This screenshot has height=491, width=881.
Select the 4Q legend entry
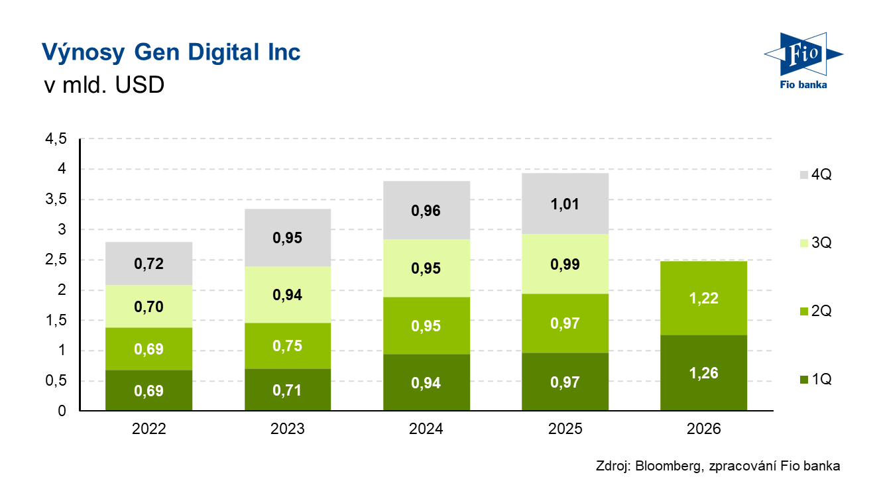(x=814, y=175)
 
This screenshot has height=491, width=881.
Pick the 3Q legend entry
(x=814, y=243)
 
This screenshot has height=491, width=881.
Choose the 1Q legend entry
(x=814, y=380)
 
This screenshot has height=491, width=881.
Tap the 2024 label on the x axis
(x=426, y=429)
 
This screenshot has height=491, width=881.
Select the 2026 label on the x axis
(x=703, y=429)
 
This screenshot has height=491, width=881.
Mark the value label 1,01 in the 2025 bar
(x=565, y=204)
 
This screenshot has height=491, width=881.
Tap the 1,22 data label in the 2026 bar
(x=703, y=299)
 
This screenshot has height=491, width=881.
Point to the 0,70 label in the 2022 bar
(x=148, y=307)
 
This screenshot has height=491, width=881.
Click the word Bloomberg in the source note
(x=666, y=466)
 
